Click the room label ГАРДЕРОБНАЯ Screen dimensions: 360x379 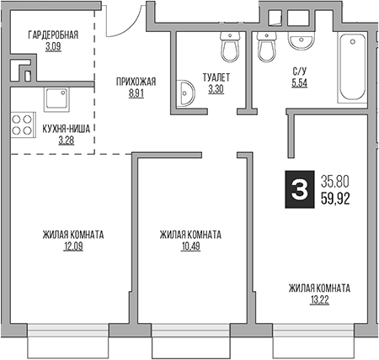tap(53, 34)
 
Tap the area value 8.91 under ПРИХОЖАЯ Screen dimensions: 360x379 tap(137, 95)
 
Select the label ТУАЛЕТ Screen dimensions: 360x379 tap(216, 77)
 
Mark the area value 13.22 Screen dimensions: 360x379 tap(319, 299)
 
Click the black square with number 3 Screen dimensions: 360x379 tap(296, 189)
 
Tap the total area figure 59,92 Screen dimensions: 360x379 tap(335, 199)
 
